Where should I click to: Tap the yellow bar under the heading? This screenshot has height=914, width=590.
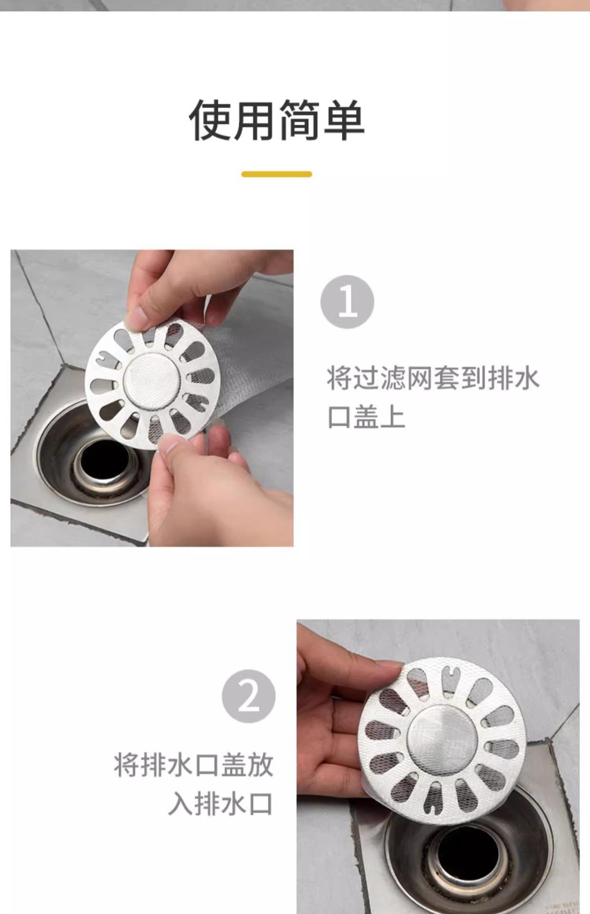tap(276, 174)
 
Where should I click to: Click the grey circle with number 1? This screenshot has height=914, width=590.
tap(347, 302)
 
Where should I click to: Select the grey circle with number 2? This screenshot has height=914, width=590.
tap(249, 696)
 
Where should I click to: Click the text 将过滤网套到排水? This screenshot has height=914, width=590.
tap(433, 378)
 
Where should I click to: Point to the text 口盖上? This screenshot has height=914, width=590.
tap(366, 417)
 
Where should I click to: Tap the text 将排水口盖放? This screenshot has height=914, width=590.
tap(194, 765)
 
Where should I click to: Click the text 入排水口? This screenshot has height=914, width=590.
tap(220, 804)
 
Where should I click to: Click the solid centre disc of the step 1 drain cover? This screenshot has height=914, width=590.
tap(152, 379)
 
